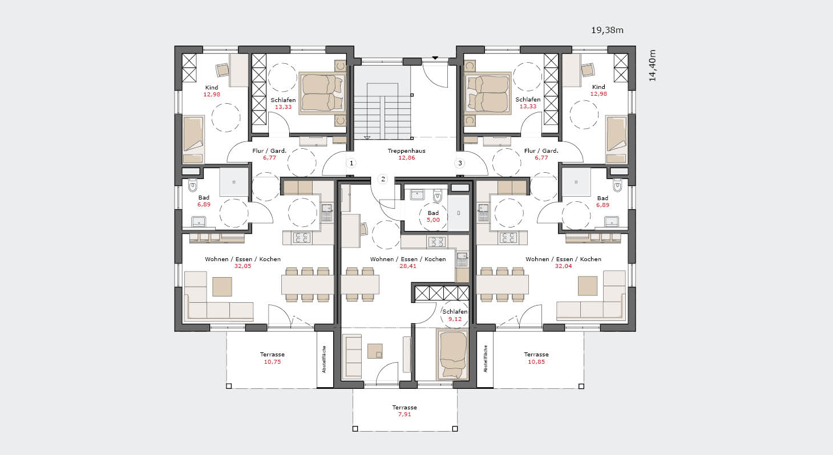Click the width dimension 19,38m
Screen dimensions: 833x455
607,30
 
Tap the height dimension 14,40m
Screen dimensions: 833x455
652,66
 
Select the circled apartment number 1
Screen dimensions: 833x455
351,163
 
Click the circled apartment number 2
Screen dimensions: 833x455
383,179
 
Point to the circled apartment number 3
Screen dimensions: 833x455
460,163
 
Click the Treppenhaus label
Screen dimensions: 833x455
406,151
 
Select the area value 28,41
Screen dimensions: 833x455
408,266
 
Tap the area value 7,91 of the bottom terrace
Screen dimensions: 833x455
405,414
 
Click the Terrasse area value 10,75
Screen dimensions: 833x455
272,361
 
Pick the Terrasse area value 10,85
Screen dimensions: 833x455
536,361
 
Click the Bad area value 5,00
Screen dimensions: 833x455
433,220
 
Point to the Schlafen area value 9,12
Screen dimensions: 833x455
455,319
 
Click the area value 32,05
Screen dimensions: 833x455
243,266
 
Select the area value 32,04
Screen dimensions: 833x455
563,266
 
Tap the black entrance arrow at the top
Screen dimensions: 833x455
435,58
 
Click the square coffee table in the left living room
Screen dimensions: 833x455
222,287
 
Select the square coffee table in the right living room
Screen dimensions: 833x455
588,286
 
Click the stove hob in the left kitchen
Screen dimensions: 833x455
302,238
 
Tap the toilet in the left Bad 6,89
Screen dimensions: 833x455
193,185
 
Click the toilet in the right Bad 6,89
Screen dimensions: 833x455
617,185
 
